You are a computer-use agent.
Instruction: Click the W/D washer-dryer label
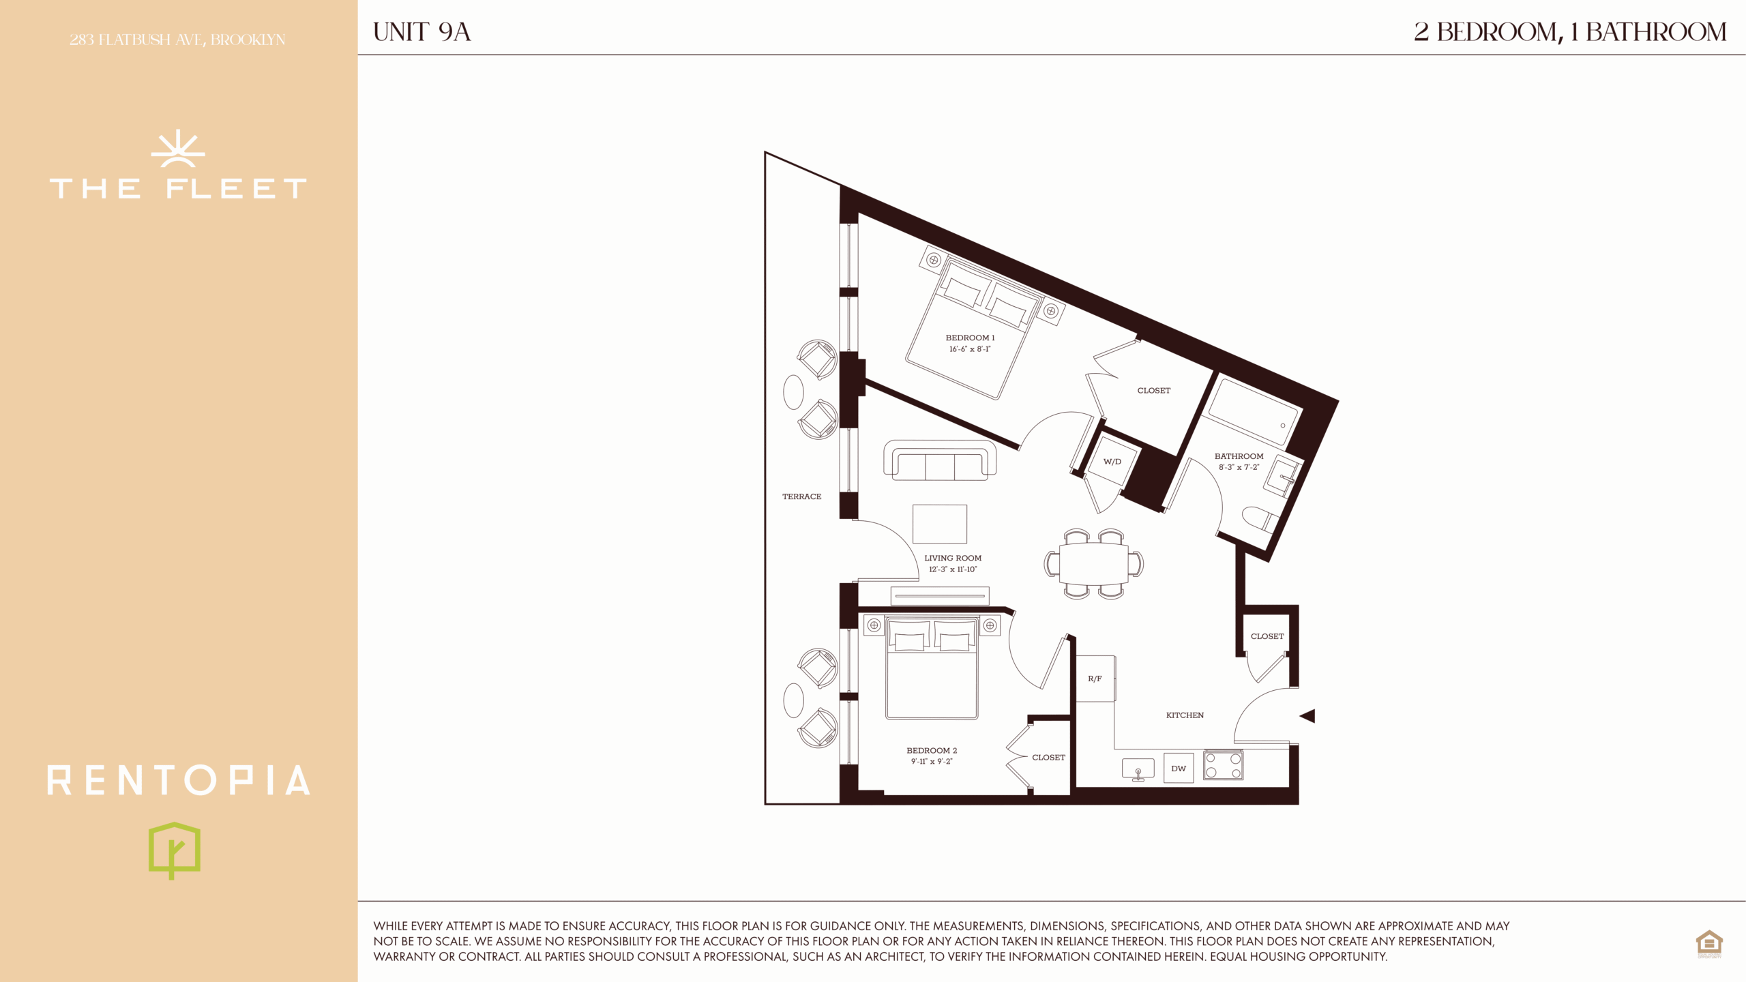(1112, 462)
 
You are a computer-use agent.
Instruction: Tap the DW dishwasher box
(1179, 768)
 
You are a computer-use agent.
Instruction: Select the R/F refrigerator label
(1095, 679)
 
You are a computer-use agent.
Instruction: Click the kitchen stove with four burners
(1223, 765)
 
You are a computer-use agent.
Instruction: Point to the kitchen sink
(1138, 769)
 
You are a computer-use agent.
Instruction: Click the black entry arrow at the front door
(1307, 716)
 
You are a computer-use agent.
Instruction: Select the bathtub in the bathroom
(1253, 412)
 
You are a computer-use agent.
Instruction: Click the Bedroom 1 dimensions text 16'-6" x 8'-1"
(970, 349)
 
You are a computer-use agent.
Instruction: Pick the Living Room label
(953, 558)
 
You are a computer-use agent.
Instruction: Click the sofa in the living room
(940, 460)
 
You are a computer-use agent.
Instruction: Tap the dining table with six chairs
(1094, 564)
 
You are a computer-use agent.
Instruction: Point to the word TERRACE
(801, 496)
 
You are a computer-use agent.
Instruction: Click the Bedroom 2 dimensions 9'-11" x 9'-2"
(932, 762)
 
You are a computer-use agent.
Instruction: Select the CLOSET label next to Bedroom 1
(1153, 391)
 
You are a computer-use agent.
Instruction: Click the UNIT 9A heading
(421, 32)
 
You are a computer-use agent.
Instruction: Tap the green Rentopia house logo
(175, 850)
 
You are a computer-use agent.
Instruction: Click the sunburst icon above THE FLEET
(178, 148)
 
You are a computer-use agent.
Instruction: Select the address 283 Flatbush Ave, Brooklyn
(177, 40)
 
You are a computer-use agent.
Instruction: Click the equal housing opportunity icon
(1709, 944)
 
